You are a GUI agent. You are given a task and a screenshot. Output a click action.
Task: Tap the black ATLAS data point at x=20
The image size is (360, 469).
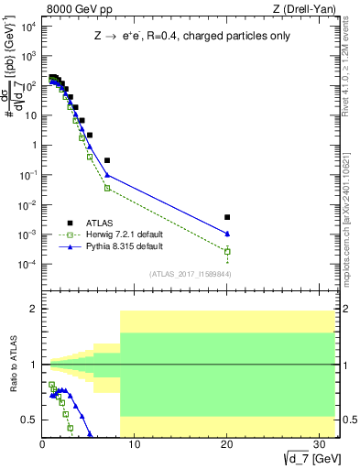[x=227, y=217]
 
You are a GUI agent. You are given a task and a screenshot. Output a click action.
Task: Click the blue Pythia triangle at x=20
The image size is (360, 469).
[x=227, y=234]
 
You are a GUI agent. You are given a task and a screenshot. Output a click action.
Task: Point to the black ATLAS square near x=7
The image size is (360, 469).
[x=107, y=160]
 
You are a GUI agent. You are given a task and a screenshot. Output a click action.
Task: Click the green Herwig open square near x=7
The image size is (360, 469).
[x=107, y=188]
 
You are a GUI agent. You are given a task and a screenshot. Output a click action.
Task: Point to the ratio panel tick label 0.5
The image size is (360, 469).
[x=29, y=420]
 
